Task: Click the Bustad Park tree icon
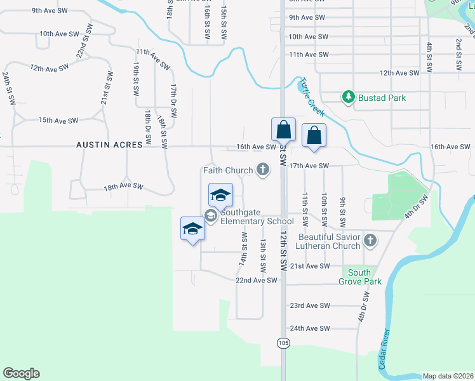[x=348, y=97]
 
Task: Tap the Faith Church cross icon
[x=263, y=169]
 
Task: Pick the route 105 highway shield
[x=283, y=343]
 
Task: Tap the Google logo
[x=21, y=373]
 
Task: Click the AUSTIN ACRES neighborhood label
[x=109, y=145]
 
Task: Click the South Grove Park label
[x=359, y=277]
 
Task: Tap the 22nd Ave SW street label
[x=257, y=280]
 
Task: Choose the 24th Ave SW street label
[x=310, y=328]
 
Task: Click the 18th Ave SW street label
[x=124, y=187]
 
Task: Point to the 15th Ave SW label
[x=58, y=120]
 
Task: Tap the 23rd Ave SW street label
[x=310, y=305]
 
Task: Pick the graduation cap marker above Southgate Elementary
[x=220, y=194]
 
